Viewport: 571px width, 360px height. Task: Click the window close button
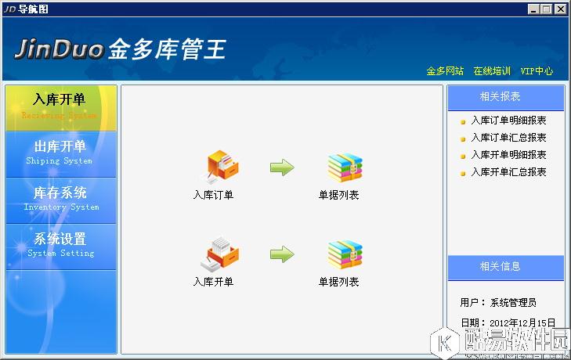click(560, 9)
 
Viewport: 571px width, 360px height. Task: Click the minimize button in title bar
click(533, 9)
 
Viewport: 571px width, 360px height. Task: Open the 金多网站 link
click(445, 71)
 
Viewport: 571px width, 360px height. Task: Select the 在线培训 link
click(492, 71)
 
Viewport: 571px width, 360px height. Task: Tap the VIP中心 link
click(537, 71)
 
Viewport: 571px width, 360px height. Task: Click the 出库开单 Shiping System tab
click(60, 153)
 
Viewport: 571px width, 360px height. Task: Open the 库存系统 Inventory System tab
click(60, 199)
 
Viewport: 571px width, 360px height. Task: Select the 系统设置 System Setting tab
click(60, 245)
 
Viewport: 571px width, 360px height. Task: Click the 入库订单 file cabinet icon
click(222, 167)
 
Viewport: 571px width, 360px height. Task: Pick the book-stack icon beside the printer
click(344, 254)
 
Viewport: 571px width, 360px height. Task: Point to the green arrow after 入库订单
click(282, 167)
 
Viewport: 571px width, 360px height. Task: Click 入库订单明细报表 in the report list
click(508, 121)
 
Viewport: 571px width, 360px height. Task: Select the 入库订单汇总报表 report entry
click(508, 138)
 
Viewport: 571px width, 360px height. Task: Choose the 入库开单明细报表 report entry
click(508, 155)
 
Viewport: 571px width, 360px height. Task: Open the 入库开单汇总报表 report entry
click(508, 172)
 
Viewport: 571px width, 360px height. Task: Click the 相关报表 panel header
click(505, 97)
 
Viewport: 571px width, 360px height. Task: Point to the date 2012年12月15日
click(522, 322)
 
